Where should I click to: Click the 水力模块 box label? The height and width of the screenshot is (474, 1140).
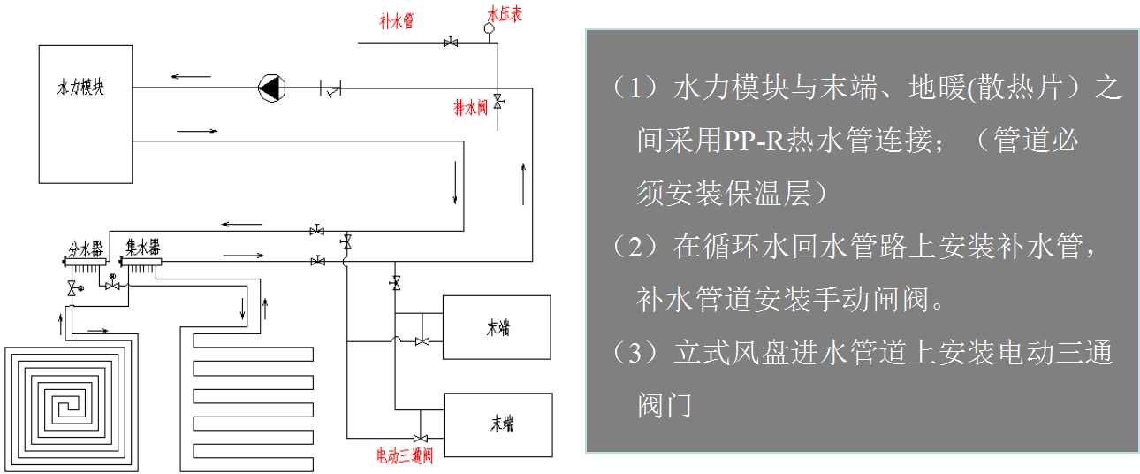[80, 87]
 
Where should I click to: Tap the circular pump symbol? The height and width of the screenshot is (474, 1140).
[272, 88]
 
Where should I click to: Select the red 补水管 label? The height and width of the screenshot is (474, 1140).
[397, 20]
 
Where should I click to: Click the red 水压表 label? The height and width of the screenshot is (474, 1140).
[505, 14]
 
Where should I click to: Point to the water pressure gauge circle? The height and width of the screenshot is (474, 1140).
[489, 28]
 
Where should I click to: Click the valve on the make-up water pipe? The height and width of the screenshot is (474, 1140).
[451, 42]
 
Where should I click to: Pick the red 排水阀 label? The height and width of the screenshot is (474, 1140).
[471, 107]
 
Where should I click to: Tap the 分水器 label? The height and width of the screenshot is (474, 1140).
[86, 249]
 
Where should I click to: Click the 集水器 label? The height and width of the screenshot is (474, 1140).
[143, 248]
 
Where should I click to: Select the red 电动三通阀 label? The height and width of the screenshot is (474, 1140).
[405, 455]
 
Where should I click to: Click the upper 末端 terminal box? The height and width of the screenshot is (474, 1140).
[497, 327]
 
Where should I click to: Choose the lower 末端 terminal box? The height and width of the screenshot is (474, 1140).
[498, 424]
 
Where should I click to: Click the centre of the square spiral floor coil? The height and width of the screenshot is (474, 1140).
[72, 409]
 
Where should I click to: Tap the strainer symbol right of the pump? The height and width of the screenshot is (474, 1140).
[331, 88]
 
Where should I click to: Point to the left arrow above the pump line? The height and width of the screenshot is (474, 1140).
[190, 77]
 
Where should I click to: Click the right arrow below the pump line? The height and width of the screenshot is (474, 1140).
[197, 131]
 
